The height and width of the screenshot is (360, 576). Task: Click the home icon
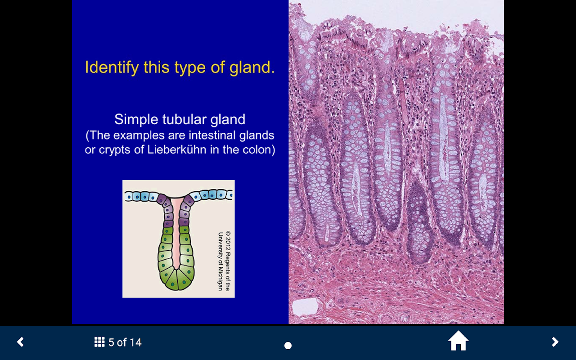[458, 341]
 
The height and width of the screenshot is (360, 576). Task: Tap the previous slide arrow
[20, 342]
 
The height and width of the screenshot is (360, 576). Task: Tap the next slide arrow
[555, 342]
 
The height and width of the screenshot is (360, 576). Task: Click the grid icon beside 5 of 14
[99, 342]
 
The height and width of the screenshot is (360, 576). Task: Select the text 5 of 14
[125, 342]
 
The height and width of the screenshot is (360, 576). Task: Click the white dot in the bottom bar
[288, 346]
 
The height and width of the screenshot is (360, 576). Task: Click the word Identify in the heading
[112, 67]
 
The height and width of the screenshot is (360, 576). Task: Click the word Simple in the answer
[136, 120]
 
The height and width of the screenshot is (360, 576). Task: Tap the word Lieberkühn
[177, 150]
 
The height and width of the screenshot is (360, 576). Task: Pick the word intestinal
[211, 135]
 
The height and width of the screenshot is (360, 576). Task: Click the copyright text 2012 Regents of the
[228, 261]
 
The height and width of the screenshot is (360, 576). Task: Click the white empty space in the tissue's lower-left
[305, 307]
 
